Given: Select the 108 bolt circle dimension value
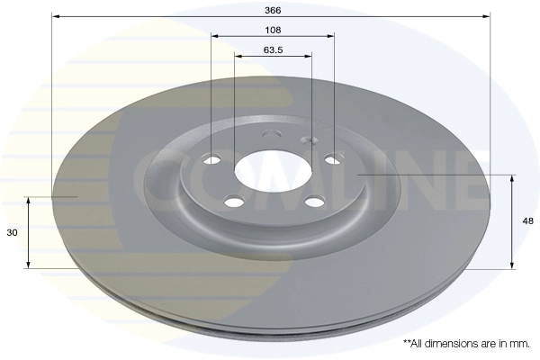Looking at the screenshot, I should pos(273,30).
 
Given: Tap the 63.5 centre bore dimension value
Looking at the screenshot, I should pos(274,49).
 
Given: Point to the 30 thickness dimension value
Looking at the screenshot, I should pos(12,232).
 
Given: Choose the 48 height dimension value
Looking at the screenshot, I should pos(529,220).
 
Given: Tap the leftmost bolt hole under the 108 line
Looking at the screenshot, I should pos(212,160).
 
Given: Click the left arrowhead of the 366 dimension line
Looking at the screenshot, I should pos(55,16).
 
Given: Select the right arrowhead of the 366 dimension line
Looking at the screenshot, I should pos(488,16).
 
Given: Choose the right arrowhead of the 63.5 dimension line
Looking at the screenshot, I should pos(310,57).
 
